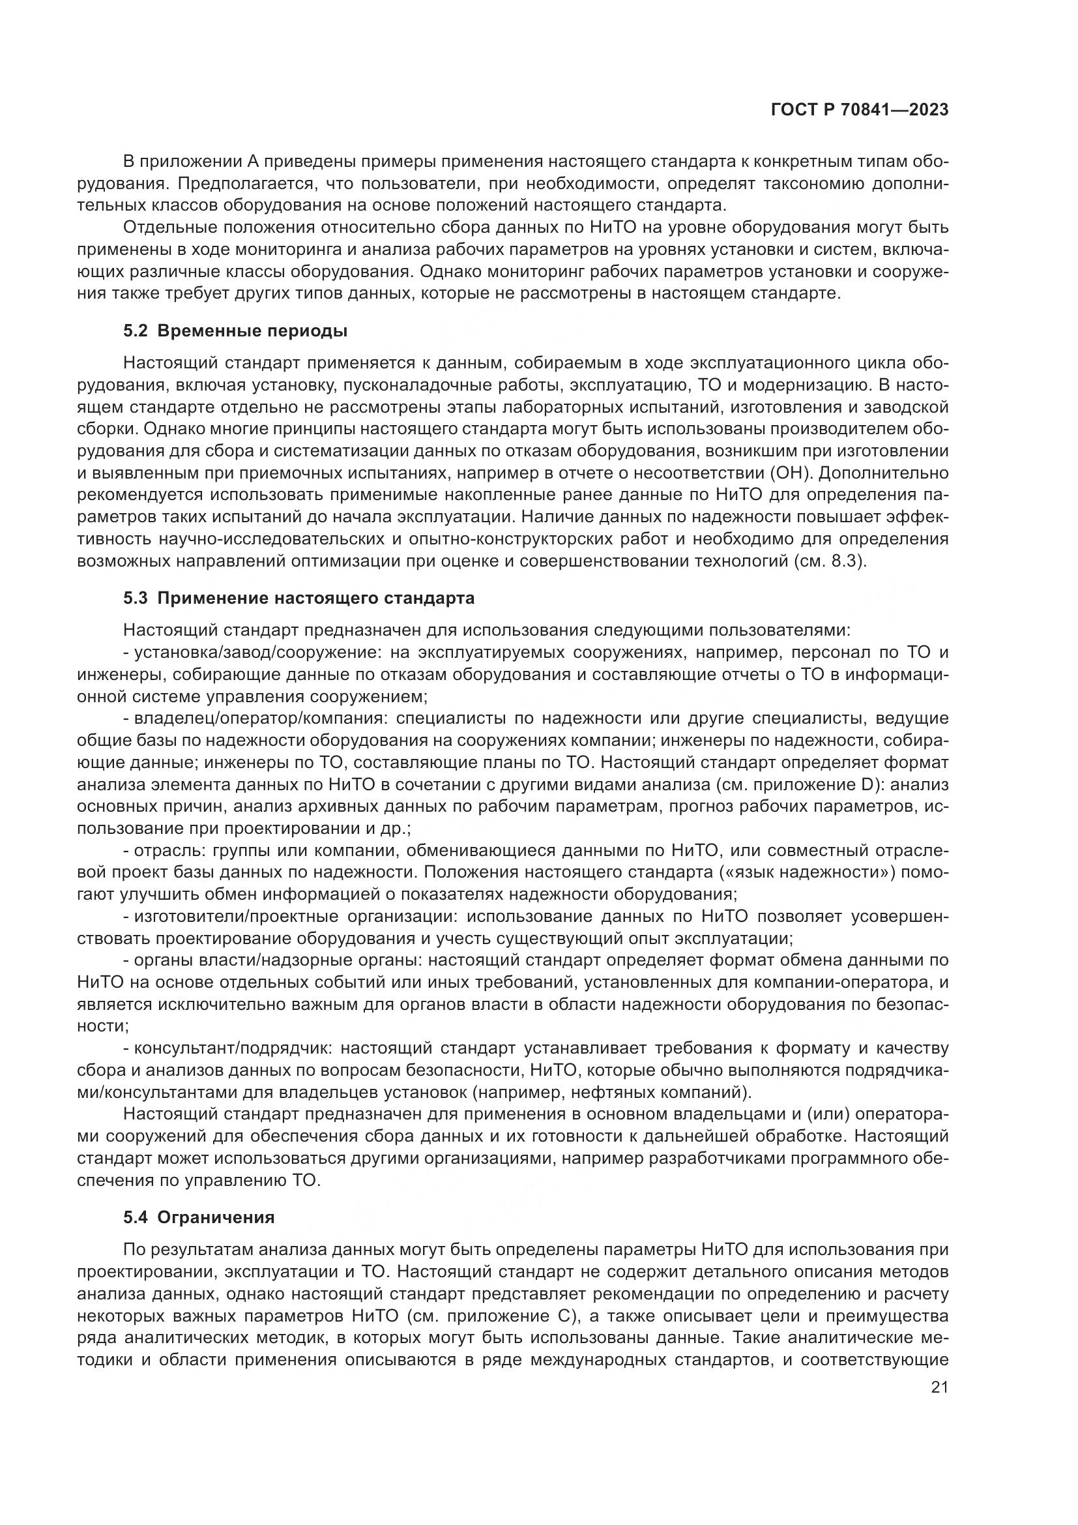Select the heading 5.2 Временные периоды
tap(235, 331)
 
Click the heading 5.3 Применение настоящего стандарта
tap(299, 599)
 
